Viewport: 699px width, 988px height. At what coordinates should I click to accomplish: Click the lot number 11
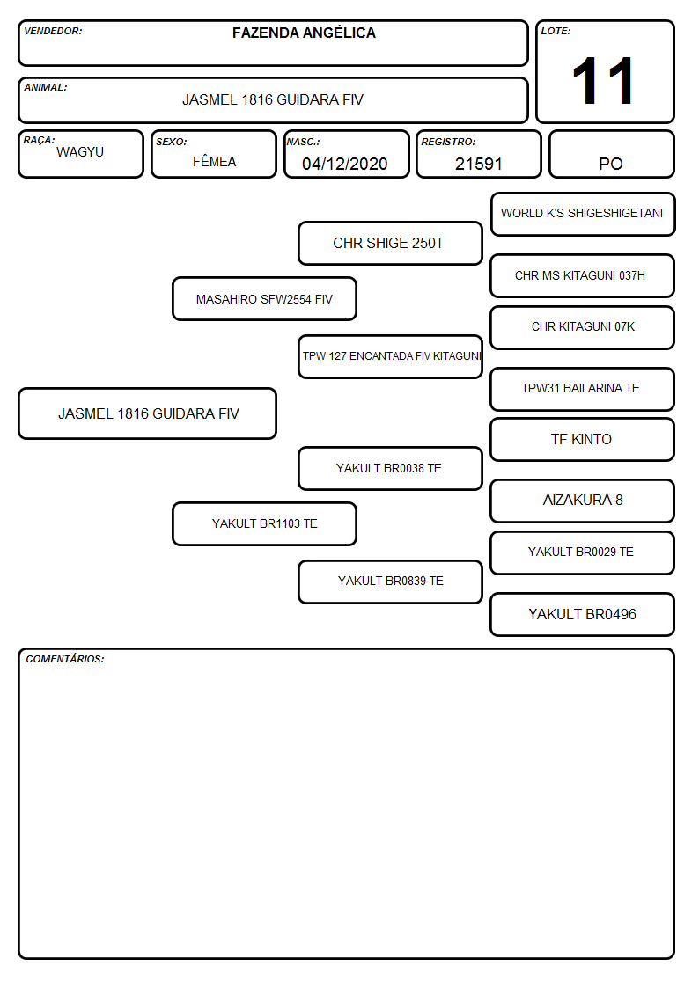(x=602, y=81)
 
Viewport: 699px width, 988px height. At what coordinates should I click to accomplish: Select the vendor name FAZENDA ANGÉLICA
(x=304, y=33)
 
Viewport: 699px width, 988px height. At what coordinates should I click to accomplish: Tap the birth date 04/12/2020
(x=345, y=164)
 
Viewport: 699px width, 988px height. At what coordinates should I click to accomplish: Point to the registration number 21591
(x=478, y=164)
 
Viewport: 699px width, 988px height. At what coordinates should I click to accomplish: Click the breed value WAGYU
(x=80, y=152)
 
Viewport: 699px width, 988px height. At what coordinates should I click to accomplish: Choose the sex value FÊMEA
(x=214, y=161)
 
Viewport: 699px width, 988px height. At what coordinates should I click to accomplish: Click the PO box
(x=611, y=154)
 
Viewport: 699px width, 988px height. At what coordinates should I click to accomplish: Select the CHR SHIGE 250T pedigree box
(x=390, y=243)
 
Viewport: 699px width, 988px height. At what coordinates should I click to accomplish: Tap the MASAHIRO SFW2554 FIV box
(x=264, y=298)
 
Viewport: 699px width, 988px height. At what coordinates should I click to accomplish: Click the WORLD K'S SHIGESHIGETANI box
(x=583, y=215)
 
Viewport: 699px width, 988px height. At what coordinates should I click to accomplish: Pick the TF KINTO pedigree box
(x=583, y=439)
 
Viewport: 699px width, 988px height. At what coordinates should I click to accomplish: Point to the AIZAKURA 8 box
(x=583, y=501)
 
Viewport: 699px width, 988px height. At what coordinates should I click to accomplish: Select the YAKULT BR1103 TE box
(x=264, y=523)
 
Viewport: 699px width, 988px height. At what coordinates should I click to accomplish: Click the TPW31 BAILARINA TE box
(x=583, y=389)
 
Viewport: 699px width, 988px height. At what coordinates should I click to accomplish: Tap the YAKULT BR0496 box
(x=583, y=614)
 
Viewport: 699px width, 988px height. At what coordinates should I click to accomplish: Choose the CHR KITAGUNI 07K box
(x=583, y=327)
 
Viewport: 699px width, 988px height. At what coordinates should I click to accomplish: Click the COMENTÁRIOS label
(x=65, y=659)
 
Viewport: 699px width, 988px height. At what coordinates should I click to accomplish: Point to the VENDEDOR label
(x=53, y=31)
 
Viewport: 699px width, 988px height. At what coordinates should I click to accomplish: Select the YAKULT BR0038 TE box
(x=390, y=468)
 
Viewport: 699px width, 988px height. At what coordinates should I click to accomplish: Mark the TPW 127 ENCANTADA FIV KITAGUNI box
(x=390, y=356)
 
